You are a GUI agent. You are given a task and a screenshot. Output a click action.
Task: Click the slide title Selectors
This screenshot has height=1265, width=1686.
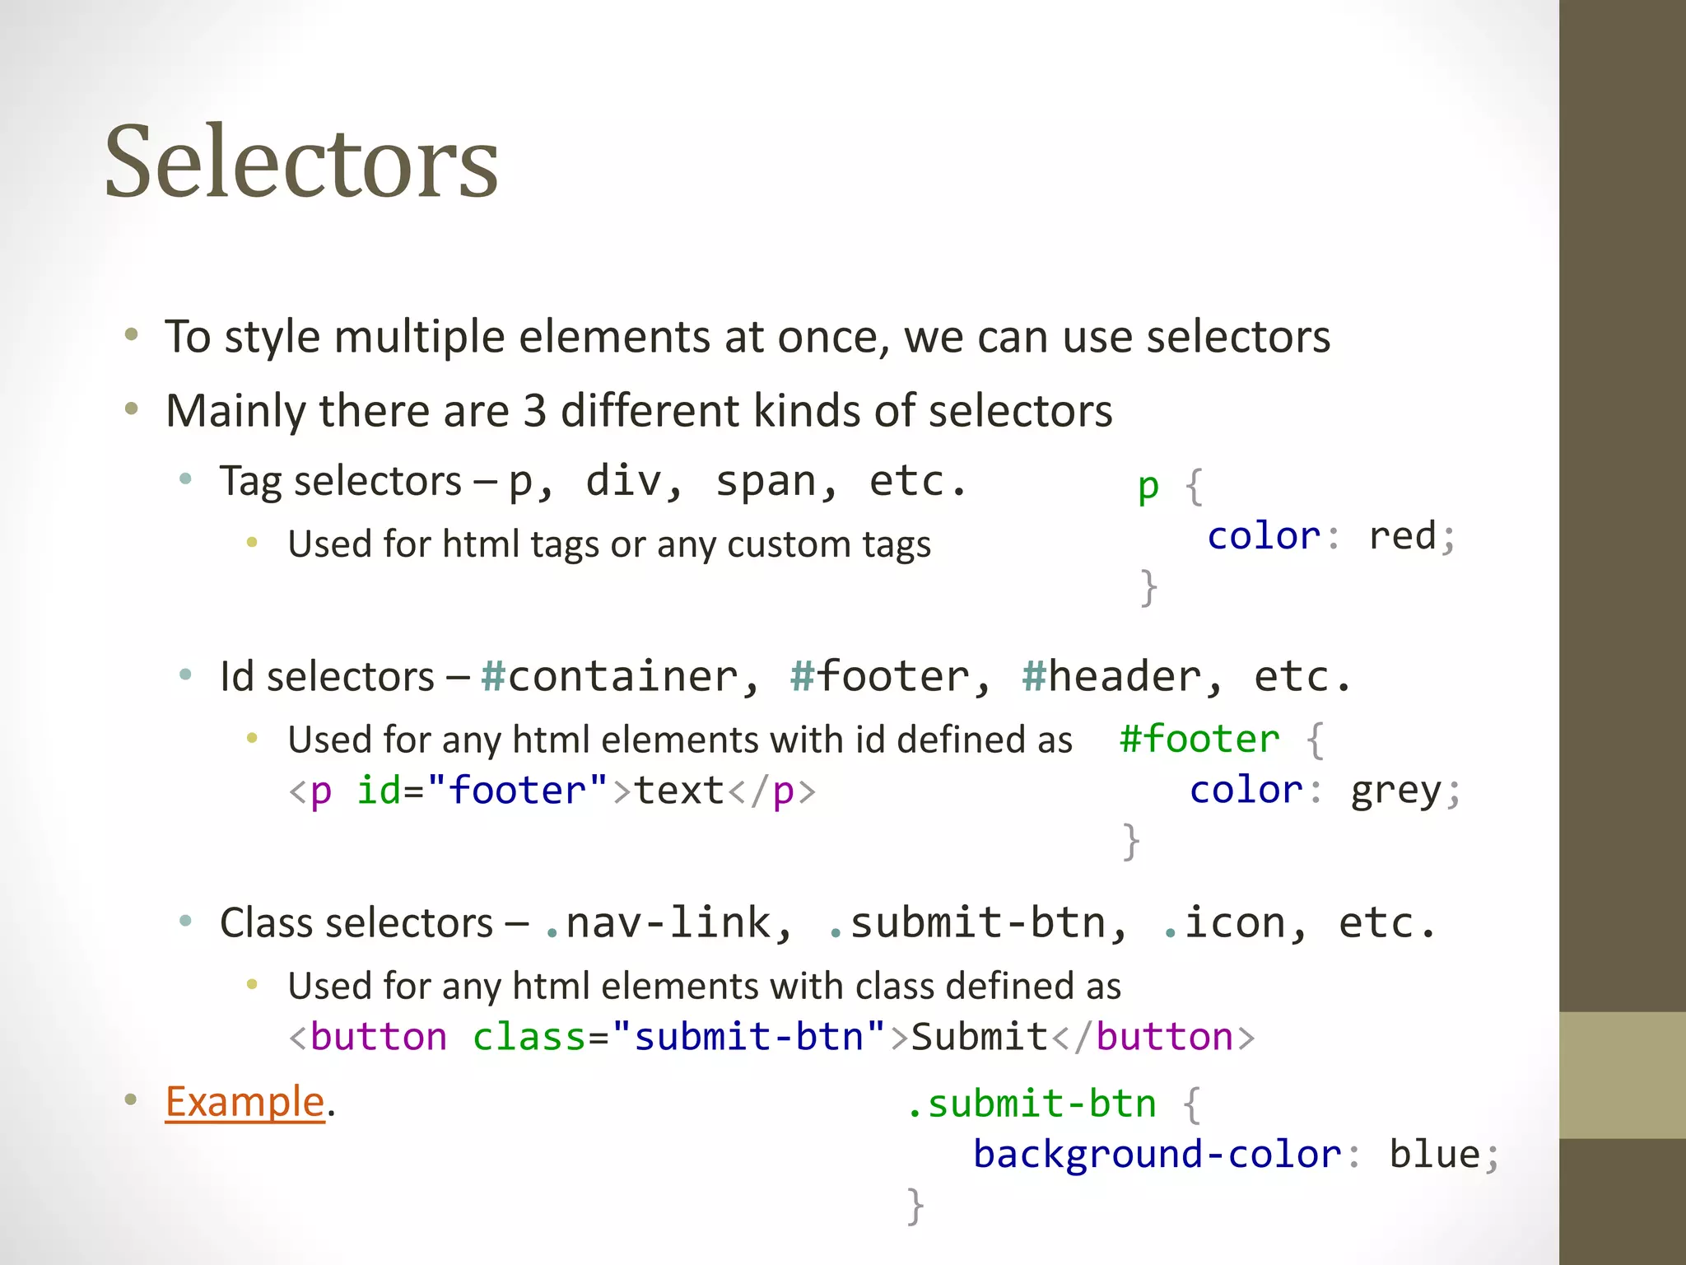click(301, 161)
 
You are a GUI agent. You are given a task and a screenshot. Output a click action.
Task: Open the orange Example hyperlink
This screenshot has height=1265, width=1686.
click(245, 1101)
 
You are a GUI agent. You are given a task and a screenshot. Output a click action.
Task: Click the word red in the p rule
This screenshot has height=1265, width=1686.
click(1403, 536)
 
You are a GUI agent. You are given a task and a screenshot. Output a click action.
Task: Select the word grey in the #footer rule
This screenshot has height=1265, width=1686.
click(1396, 791)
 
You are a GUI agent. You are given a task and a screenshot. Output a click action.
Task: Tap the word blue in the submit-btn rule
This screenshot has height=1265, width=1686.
click(1435, 1155)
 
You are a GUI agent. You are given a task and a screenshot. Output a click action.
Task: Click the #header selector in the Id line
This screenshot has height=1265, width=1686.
click(1111, 677)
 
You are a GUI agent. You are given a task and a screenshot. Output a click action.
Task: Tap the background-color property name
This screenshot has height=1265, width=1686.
click(1157, 1155)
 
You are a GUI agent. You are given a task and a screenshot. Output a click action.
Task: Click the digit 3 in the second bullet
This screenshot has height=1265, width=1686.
click(535, 411)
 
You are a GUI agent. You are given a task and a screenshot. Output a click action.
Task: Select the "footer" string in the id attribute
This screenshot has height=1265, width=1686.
click(517, 791)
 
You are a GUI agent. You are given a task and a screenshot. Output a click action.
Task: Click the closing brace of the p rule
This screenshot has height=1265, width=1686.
click(1148, 587)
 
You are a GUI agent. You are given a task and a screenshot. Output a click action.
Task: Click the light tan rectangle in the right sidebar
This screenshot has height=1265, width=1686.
click(1622, 1075)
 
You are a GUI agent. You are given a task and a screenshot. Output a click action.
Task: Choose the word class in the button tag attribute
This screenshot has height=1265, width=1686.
click(529, 1037)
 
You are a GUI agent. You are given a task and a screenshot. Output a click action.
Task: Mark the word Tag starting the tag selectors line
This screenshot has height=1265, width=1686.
click(250, 481)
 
